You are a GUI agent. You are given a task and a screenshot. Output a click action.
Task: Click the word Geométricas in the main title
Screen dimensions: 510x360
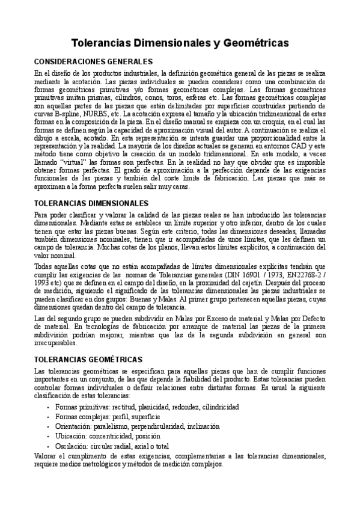coord(249,44)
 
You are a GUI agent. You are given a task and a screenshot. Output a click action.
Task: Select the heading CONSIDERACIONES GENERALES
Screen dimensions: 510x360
coord(93,62)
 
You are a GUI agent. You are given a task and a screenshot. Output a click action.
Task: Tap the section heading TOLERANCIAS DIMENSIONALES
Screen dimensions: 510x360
coord(88,204)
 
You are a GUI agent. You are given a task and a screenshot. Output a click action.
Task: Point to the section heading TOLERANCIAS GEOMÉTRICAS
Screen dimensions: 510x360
coord(88,358)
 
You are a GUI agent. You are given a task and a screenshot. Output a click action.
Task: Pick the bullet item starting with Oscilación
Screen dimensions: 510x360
coord(111,446)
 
